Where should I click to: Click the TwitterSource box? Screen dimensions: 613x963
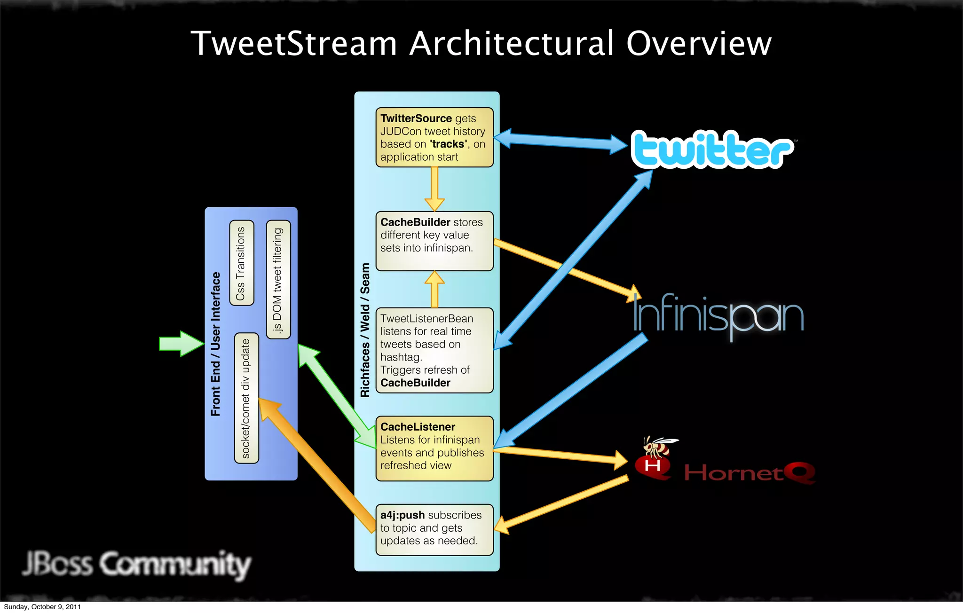tap(434, 137)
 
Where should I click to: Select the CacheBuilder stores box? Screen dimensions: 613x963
tap(434, 241)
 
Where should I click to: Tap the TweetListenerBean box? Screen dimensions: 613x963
tap(434, 350)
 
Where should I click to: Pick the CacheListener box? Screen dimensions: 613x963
tap(434, 448)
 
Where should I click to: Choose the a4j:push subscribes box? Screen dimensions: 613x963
tap(434, 529)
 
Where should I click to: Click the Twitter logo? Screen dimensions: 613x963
tap(711, 149)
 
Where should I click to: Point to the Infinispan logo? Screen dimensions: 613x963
tap(718, 314)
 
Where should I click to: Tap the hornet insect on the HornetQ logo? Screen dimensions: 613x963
tap(659, 447)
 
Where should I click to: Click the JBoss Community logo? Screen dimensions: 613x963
tap(137, 564)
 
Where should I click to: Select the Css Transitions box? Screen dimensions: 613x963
tap(242, 263)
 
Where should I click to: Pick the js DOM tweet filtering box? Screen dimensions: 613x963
tap(278, 280)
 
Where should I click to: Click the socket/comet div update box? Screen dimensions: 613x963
tap(246, 398)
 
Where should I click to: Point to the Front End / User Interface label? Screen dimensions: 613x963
tap(216, 344)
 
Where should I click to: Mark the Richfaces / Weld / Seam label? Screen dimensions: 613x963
tap(365, 330)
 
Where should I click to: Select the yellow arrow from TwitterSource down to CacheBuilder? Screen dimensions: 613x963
tap(434, 189)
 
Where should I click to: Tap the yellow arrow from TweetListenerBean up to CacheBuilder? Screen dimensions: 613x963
tap(434, 289)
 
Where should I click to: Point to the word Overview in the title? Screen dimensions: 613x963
tap(699, 43)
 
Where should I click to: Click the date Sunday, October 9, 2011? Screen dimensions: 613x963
tap(42, 607)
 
